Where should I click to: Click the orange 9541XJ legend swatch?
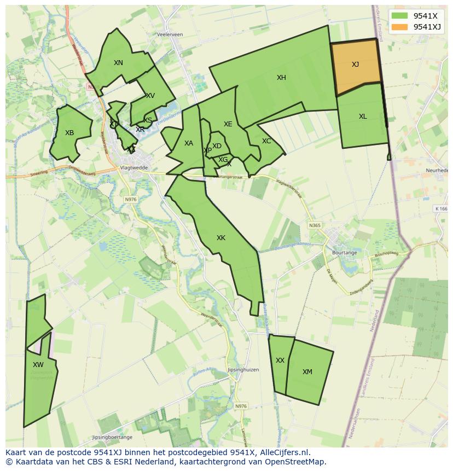pos(400,27)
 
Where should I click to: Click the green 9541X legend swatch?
pos(400,15)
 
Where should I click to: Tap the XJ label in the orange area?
pos(355,65)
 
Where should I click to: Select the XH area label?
pos(281,78)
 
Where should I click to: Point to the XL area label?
pos(363,117)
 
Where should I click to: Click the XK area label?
pos(221,238)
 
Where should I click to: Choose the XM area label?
pos(307,372)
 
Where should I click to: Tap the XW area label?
pos(38,365)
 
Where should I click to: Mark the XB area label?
pos(69,133)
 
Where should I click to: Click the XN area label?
pos(118,63)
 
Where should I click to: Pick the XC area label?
pos(266,141)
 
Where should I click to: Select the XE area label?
pos(228,124)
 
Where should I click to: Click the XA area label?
pos(189,143)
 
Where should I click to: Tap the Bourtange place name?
pos(345,253)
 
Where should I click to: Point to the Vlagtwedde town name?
pos(135,168)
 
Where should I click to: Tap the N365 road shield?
pos(315,225)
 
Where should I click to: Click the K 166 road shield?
pos(441,208)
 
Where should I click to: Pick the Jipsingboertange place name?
pos(113,438)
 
